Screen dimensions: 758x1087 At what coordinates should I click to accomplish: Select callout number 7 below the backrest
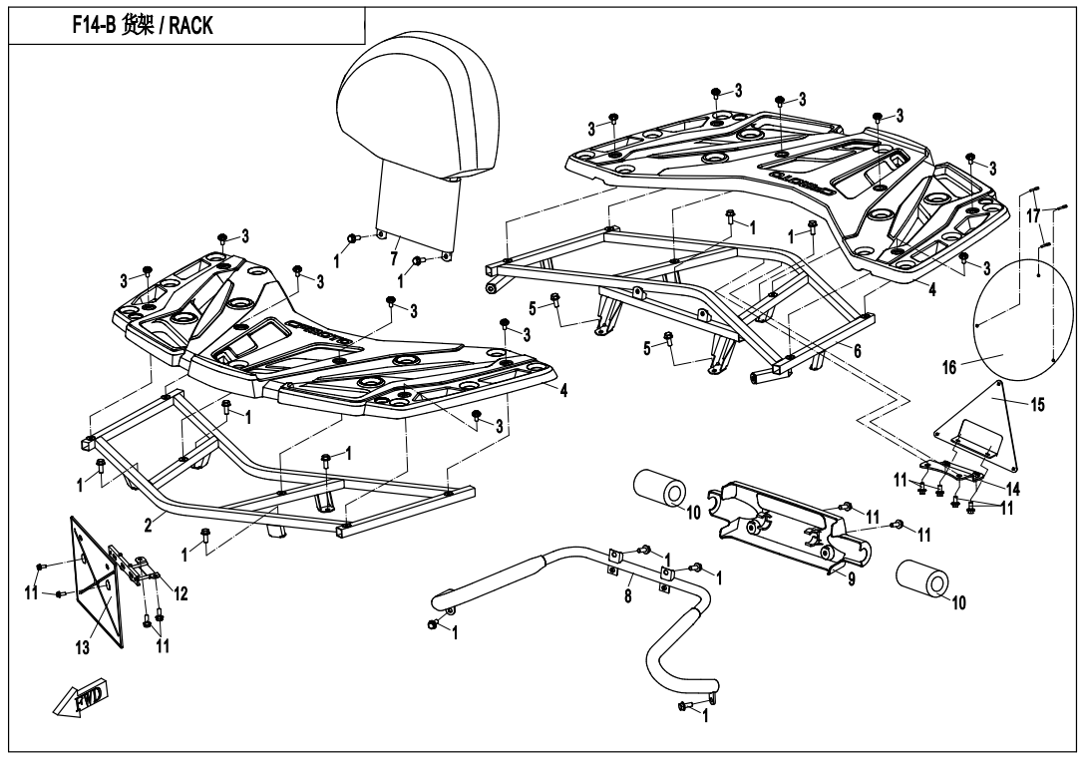coord(394,258)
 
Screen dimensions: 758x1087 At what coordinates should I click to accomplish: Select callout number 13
coord(83,647)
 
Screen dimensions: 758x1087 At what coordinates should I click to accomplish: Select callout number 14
coord(1013,489)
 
